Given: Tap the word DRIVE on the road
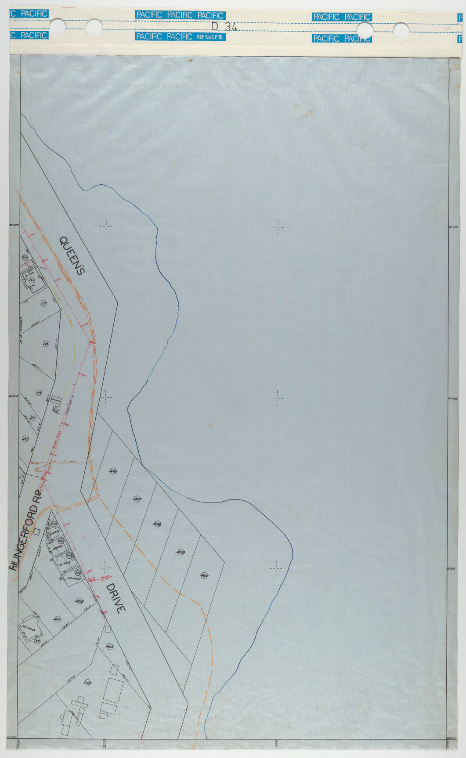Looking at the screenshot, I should pyautogui.click(x=116, y=598).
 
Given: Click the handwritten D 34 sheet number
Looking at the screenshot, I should pyautogui.click(x=224, y=26).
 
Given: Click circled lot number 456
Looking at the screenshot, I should pyautogui.click(x=113, y=471).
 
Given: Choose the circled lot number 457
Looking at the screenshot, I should pyautogui.click(x=136, y=499).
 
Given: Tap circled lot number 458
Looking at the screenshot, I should pyautogui.click(x=157, y=524).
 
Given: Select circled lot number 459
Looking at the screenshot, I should pyautogui.click(x=180, y=551).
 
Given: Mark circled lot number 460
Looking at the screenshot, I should pyautogui.click(x=204, y=575).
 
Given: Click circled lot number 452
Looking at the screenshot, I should pyautogui.click(x=79, y=601).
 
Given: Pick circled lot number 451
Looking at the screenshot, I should pyautogui.click(x=57, y=619).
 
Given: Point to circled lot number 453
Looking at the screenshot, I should pyautogui.click(x=110, y=646).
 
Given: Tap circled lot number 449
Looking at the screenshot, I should pyautogui.click(x=88, y=683).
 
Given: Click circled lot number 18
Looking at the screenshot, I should pyautogui.click(x=46, y=344).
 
